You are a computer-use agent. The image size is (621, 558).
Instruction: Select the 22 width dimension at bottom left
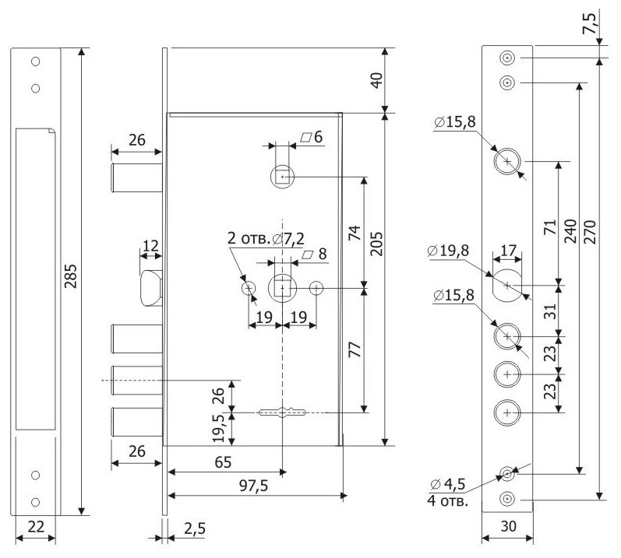pyautogui.click(x=35, y=527)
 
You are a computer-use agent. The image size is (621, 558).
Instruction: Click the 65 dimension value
pyautogui.click(x=222, y=462)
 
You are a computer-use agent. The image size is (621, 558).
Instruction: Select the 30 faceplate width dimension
pyautogui.click(x=507, y=526)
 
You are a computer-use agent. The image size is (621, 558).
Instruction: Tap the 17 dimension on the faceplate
pyautogui.click(x=507, y=251)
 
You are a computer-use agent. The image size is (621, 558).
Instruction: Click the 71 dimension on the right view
pyautogui.click(x=549, y=227)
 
